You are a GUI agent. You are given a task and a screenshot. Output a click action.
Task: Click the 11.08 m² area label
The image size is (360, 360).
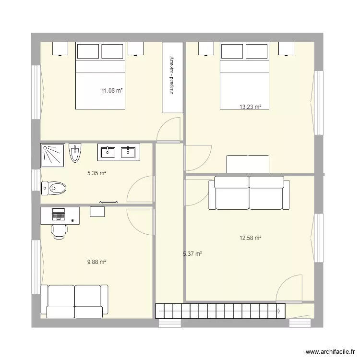[x=112, y=90]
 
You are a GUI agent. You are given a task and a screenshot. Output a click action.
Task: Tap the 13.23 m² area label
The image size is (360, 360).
[x=250, y=107]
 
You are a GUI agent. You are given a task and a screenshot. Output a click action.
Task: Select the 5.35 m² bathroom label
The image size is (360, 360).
[x=96, y=173]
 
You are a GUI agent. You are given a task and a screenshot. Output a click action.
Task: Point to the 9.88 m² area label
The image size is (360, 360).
[x=96, y=262]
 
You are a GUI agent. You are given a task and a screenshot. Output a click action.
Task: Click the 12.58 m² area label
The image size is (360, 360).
[x=250, y=238]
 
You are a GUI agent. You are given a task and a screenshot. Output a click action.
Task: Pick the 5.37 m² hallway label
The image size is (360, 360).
[x=192, y=254]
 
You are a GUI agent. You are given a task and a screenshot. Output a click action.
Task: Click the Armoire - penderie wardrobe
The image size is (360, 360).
[x=172, y=77]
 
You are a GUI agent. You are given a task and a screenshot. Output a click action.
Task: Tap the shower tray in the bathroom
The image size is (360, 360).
[x=53, y=155]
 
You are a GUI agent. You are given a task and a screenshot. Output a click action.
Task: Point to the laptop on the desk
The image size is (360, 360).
[x=58, y=213]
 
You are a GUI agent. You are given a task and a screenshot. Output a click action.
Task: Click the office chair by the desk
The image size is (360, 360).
[x=60, y=230]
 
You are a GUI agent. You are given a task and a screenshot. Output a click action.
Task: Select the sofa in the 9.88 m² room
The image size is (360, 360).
[x=74, y=301]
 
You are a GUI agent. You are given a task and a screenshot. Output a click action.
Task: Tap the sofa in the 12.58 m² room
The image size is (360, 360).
[x=249, y=193]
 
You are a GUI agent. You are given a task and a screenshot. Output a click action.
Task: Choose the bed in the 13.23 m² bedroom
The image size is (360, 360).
[x=244, y=75]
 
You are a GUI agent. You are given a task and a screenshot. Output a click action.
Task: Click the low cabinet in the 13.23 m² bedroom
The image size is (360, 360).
[x=248, y=164]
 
